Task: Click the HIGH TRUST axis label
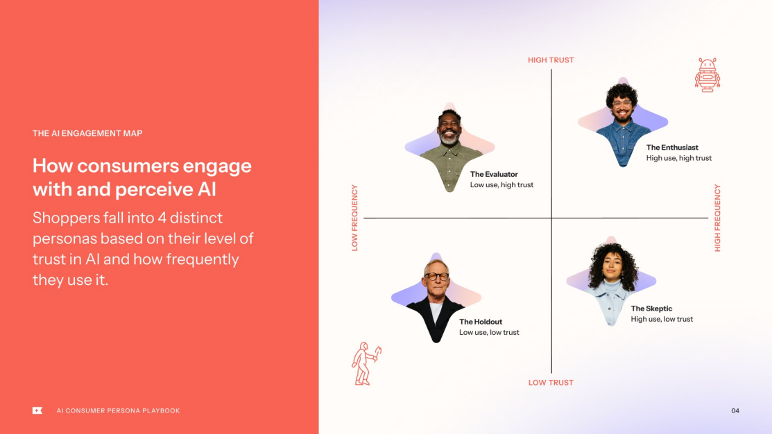click(x=551, y=60)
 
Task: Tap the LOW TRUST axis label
click(x=551, y=383)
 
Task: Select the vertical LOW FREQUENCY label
click(x=355, y=218)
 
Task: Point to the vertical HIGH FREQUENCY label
click(x=717, y=218)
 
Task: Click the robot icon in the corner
click(x=707, y=75)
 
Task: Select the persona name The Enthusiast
click(x=671, y=148)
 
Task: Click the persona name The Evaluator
click(x=494, y=175)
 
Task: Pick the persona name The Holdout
click(x=481, y=322)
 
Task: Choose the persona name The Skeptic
click(x=651, y=309)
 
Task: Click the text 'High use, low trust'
click(x=662, y=320)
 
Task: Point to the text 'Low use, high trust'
click(x=501, y=185)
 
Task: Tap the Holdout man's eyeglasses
click(x=436, y=277)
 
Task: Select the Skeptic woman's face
click(x=612, y=268)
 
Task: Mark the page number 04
click(x=735, y=411)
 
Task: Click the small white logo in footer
click(x=37, y=410)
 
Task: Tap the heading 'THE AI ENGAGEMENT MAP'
click(x=87, y=133)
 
